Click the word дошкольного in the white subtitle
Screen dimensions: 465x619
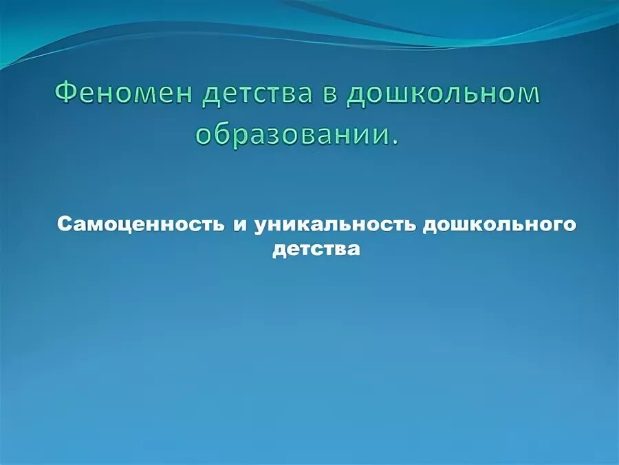(x=499, y=225)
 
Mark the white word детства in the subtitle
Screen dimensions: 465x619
(x=316, y=248)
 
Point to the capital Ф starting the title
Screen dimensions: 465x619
(x=66, y=94)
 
